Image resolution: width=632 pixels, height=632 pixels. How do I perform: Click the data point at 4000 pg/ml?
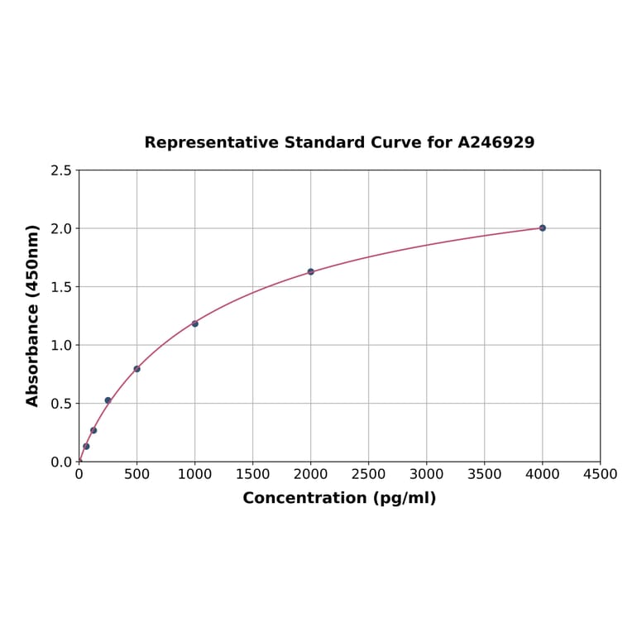(542, 227)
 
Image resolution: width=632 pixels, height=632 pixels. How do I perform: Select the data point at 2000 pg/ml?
(310, 271)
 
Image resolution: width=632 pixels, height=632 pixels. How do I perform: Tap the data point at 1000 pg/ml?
(194, 323)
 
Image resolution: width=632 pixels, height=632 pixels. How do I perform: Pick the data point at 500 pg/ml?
(136, 369)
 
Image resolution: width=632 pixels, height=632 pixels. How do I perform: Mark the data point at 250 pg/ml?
(108, 400)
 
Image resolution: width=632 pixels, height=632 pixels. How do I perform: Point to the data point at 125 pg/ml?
(93, 430)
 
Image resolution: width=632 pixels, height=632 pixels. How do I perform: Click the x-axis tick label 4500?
(600, 474)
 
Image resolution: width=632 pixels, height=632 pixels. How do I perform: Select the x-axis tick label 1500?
(252, 474)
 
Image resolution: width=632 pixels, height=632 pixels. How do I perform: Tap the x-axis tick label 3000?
(426, 474)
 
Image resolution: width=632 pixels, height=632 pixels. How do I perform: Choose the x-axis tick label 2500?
(368, 474)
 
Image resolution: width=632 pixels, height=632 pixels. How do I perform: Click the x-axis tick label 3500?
(484, 474)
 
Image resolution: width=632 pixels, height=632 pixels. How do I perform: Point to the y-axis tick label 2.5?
(60, 170)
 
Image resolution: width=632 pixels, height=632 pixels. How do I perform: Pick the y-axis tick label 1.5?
(60, 287)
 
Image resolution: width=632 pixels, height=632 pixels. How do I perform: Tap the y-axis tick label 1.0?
(60, 345)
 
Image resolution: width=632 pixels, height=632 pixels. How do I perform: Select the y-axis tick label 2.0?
(60, 228)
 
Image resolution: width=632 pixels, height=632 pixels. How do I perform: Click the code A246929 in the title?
(496, 142)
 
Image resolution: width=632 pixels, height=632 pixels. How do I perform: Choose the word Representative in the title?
(212, 142)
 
